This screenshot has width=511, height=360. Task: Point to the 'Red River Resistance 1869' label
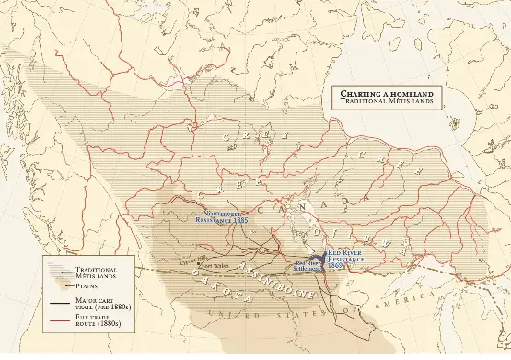[346, 256]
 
